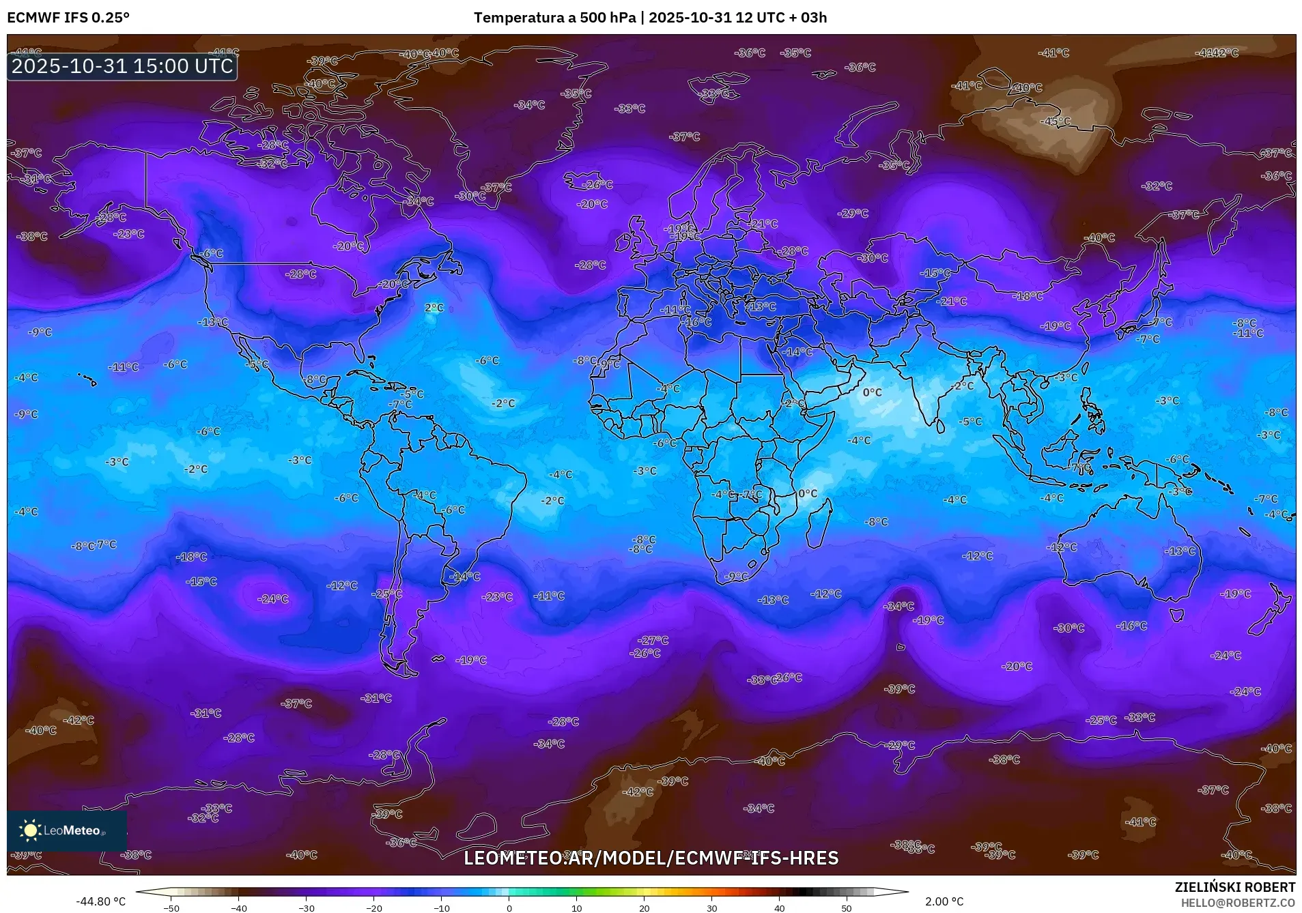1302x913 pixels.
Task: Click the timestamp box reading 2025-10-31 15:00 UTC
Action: click(122, 66)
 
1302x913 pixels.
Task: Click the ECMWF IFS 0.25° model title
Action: click(68, 17)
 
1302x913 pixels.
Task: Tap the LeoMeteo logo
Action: click(67, 830)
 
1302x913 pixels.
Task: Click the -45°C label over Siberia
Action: click(1055, 121)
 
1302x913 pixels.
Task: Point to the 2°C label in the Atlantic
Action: click(434, 308)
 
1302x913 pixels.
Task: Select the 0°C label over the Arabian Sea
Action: click(872, 392)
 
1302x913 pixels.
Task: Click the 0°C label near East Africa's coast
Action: click(808, 493)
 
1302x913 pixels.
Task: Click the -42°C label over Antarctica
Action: click(639, 792)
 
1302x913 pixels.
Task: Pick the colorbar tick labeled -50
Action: click(172, 908)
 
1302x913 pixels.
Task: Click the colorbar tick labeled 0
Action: click(509, 908)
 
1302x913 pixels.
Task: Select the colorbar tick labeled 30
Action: click(712, 908)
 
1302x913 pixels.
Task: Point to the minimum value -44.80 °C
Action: click(101, 901)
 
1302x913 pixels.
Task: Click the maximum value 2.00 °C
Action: click(944, 901)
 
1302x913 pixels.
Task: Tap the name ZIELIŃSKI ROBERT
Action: click(1234, 887)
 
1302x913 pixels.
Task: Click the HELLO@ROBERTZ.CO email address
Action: click(1238, 903)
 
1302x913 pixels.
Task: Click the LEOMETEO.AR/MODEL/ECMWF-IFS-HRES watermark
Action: click(651, 858)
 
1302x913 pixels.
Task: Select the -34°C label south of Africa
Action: click(898, 606)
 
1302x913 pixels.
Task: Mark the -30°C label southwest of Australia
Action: click(1069, 628)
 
